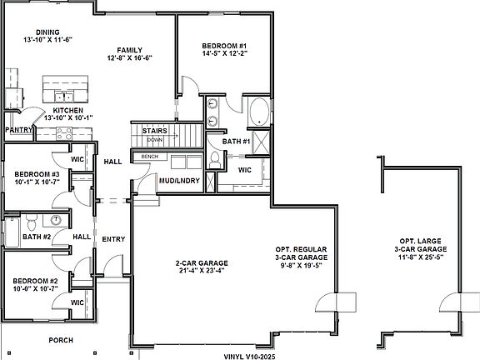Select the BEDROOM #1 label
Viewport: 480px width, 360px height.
point(222,46)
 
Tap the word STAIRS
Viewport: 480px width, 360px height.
point(154,131)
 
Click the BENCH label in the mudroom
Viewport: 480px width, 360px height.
point(150,156)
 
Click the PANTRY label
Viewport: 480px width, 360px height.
point(17,130)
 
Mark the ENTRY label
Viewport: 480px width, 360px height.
point(113,239)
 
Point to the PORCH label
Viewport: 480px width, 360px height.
point(60,340)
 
